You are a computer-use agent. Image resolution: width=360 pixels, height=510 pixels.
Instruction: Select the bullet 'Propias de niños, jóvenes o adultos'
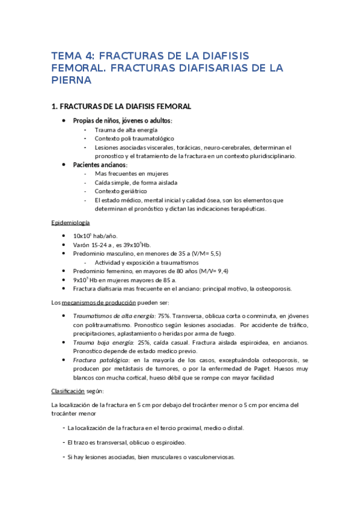pyautogui.click(x=122, y=121)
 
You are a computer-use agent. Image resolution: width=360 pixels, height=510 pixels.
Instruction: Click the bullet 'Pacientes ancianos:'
pyautogui.click(x=100, y=165)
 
